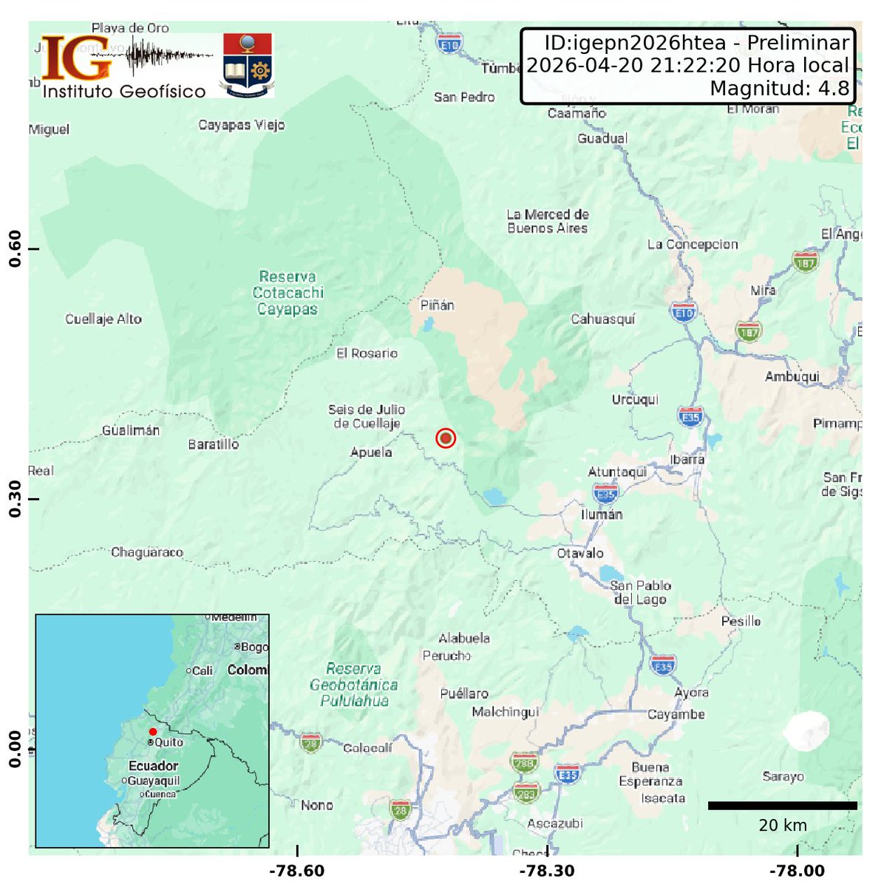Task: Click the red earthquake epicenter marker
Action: point(445,438)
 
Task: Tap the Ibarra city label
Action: point(687,459)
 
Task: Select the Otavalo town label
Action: point(580,553)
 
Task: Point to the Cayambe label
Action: point(676,714)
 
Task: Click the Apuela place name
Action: point(371,452)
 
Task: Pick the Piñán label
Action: point(437,305)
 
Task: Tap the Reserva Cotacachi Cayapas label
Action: point(288,293)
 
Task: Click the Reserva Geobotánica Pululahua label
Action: point(353,684)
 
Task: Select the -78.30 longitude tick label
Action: point(547,871)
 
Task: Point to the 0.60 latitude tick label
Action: point(14,249)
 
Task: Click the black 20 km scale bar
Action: point(782,805)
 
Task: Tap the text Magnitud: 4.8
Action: point(779,89)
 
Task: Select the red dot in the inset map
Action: point(153,732)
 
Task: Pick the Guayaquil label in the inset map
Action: point(154,781)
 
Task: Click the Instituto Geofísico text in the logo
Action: point(124,91)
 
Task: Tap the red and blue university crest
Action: point(248,65)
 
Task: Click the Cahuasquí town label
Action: point(602,319)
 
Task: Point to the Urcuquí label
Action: point(635,400)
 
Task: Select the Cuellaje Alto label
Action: point(103,319)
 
